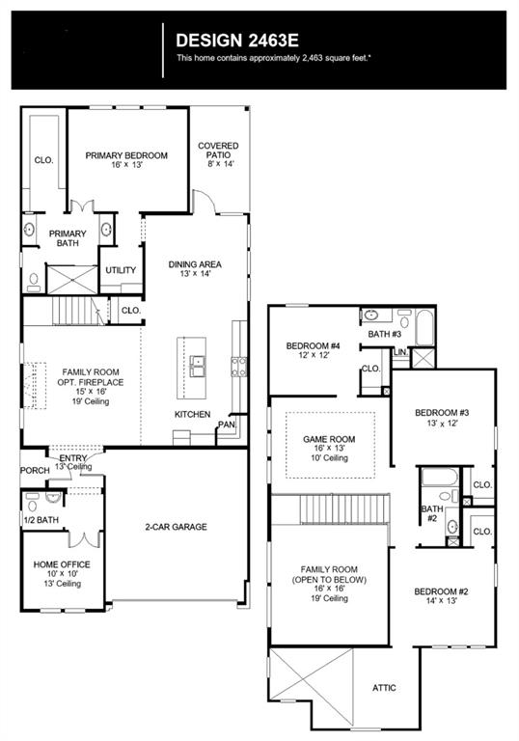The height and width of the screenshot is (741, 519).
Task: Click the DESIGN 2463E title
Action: pos(236,41)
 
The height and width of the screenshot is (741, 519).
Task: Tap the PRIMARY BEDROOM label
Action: pos(126,155)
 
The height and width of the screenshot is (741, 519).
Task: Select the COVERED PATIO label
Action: pos(218,151)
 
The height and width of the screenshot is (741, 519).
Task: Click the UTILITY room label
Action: pos(121,270)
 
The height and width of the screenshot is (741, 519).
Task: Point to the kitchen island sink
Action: pos(198,366)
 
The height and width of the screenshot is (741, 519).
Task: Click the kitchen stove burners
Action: pos(238,367)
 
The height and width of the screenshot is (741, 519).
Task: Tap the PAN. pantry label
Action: pos(227,425)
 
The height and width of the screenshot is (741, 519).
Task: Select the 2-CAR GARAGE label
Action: pos(176,527)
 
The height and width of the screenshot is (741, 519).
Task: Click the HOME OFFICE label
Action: pos(62,564)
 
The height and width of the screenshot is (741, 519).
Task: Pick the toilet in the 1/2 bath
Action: pos(32,505)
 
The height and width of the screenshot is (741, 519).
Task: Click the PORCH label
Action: pos(35,470)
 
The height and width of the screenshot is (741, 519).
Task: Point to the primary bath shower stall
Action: pos(72,280)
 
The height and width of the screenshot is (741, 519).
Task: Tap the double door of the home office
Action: pos(85,539)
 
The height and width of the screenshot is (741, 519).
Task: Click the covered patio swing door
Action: pos(204,202)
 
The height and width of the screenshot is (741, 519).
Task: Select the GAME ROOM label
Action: pos(329,439)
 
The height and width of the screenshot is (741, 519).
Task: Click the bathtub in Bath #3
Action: pos(424,327)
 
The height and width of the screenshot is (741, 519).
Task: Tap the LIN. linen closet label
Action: pos(401,352)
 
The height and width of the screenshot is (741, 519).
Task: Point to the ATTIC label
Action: pos(384,688)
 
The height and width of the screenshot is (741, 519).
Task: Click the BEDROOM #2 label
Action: pos(441,591)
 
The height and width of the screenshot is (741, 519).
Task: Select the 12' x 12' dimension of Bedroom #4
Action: pos(314,355)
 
